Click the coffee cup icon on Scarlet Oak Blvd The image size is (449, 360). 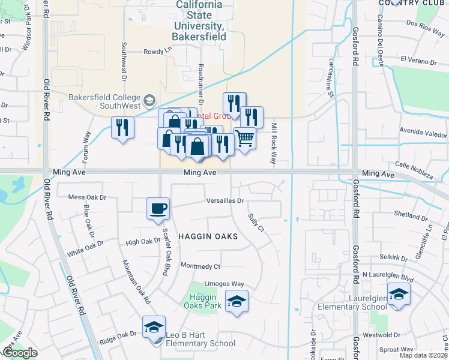(158, 209)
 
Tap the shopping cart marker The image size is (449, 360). (244, 139)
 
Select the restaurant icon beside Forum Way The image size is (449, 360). (122, 128)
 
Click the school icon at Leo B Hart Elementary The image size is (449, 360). (154, 327)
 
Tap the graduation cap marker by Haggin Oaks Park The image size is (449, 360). (237, 301)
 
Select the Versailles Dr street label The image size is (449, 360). (224, 201)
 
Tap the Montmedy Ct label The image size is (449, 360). (200, 266)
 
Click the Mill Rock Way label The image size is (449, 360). (273, 144)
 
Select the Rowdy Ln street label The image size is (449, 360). (153, 52)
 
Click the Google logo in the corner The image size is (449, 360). (20, 353)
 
